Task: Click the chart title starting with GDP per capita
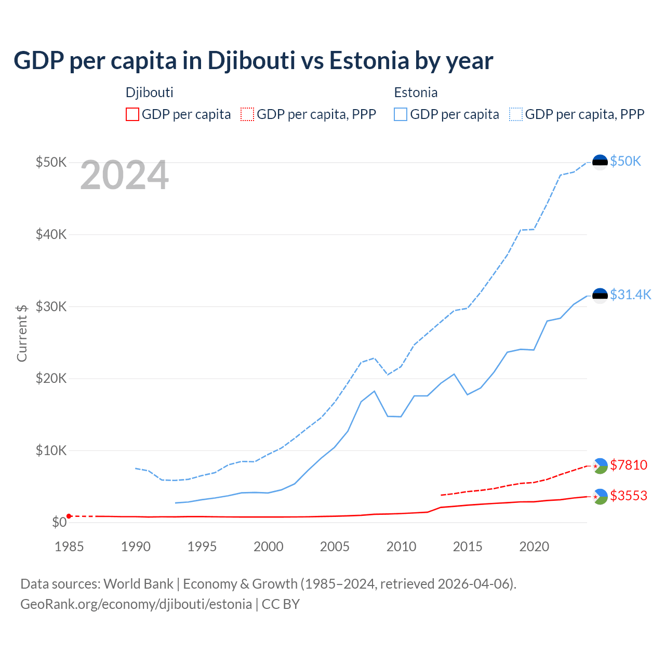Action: click(x=253, y=61)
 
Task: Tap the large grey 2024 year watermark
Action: click(x=124, y=176)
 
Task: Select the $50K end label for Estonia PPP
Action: click(x=626, y=162)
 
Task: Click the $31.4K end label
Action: click(x=630, y=295)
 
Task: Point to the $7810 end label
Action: click(x=629, y=465)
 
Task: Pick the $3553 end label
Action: click(x=629, y=496)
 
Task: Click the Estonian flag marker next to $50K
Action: click(x=600, y=162)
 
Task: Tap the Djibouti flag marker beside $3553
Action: click(x=600, y=497)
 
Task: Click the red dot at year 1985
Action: click(x=69, y=516)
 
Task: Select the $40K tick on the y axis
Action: click(x=51, y=234)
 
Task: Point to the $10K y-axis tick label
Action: click(x=51, y=450)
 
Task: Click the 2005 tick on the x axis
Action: click(x=335, y=547)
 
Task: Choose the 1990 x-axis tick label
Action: click(x=136, y=547)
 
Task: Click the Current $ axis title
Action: click(x=22, y=333)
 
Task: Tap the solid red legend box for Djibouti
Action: click(x=132, y=114)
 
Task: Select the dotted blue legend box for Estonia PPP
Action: click(x=516, y=114)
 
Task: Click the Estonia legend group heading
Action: click(x=416, y=92)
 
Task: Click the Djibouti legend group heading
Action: click(x=149, y=92)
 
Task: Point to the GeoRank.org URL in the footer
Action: click(x=136, y=604)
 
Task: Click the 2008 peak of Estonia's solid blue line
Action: click(x=374, y=391)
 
